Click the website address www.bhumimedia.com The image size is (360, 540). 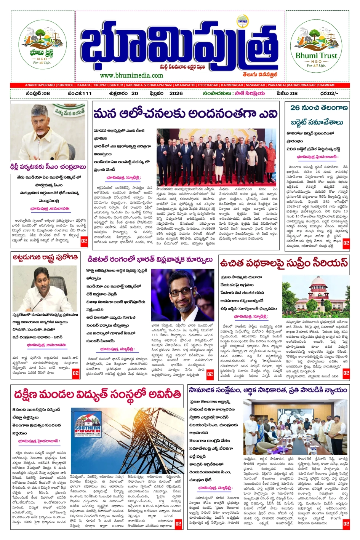tap(131, 75)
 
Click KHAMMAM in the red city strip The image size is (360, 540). tap(326, 85)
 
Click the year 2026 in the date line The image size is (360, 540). tap(176, 93)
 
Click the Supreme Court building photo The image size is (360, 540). tap(315, 295)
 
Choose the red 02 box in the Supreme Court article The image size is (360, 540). tap(346, 373)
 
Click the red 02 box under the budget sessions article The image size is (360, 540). tap(346, 243)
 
